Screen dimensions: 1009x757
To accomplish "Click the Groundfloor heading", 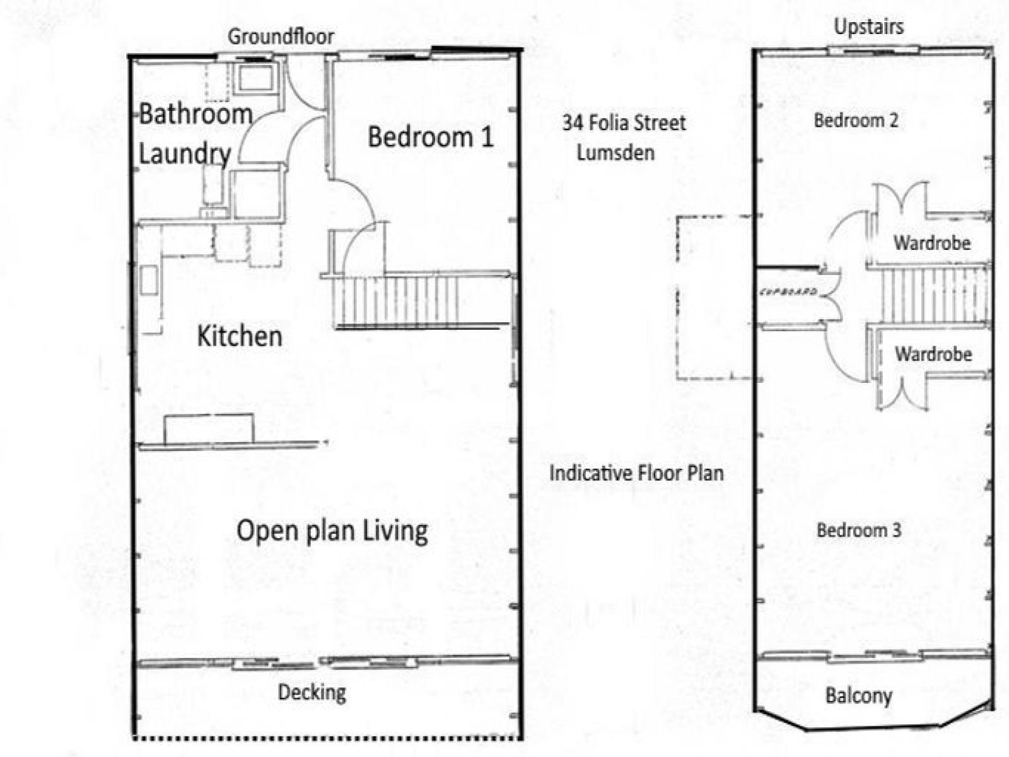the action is click(x=281, y=37).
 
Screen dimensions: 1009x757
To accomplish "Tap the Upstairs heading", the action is click(x=869, y=26).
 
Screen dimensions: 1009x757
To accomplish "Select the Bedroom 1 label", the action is click(x=430, y=137).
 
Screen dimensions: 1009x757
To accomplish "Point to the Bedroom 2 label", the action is click(x=856, y=120).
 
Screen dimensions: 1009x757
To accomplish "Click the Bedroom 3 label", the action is click(x=859, y=530).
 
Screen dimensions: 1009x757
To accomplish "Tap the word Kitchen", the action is click(x=240, y=336).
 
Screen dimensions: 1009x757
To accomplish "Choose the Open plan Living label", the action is click(x=332, y=531).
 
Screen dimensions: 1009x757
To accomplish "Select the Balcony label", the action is click(x=858, y=695).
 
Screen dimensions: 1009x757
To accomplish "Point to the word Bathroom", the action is click(x=196, y=114).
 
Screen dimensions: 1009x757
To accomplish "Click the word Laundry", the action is click(x=184, y=154).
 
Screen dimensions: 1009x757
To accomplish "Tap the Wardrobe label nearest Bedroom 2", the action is click(x=932, y=243).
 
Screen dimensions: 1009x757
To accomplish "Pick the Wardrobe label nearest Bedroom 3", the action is click(x=933, y=355).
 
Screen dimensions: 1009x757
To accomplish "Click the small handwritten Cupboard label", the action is click(x=789, y=291).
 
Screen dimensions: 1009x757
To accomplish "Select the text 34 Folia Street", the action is click(x=624, y=123).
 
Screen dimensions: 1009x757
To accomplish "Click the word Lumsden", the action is click(x=615, y=153).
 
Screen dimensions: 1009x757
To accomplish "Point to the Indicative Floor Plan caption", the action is click(x=637, y=473).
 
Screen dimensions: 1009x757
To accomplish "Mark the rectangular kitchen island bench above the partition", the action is click(x=209, y=429).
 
